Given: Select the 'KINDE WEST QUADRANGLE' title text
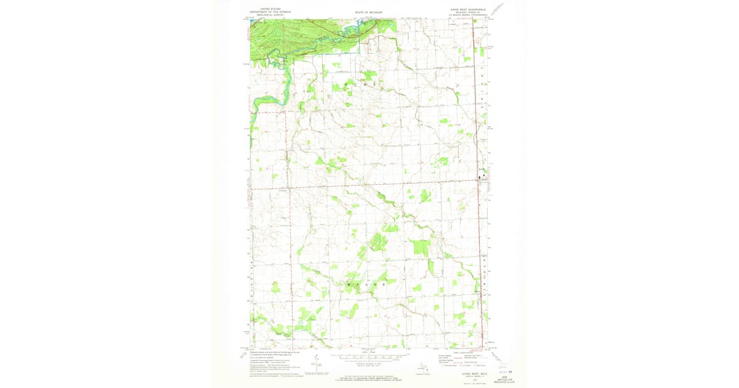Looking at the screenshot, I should (468, 9).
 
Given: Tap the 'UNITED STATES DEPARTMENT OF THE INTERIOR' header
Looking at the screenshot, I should (265, 10).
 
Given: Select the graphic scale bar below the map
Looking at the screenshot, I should (369, 357).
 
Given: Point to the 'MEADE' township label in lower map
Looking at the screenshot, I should (367, 285).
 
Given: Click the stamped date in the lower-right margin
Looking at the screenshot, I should (505, 371).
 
